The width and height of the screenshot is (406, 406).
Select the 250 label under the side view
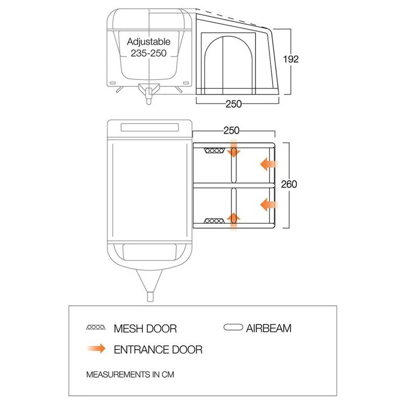point(234,104)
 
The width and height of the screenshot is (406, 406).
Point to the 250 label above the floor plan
point(232,131)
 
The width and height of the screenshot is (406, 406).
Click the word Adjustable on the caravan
point(149,42)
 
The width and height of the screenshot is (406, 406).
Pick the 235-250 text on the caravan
point(149,53)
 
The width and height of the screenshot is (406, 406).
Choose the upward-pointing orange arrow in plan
point(234,220)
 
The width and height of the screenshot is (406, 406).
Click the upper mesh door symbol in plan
point(213,151)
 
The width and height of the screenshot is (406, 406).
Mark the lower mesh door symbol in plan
point(213,221)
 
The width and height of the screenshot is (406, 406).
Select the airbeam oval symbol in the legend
point(232,328)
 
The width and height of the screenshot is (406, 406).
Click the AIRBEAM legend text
point(269,328)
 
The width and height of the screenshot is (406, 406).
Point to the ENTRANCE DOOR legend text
point(158,349)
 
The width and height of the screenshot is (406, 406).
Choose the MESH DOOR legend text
point(145,328)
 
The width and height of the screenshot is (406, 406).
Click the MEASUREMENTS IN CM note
point(129,374)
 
